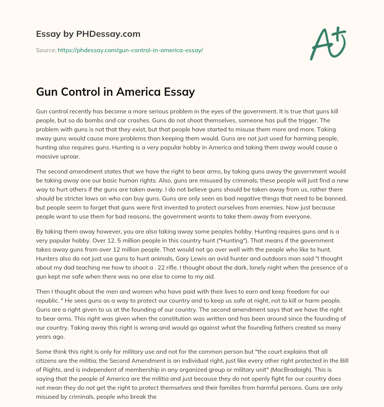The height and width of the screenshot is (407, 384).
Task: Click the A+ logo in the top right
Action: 328,44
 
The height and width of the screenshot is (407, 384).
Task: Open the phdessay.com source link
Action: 130,50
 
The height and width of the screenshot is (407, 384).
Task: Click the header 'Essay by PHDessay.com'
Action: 88,34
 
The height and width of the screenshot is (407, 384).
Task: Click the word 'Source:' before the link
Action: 46,50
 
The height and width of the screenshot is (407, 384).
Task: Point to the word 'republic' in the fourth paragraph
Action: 48,300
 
